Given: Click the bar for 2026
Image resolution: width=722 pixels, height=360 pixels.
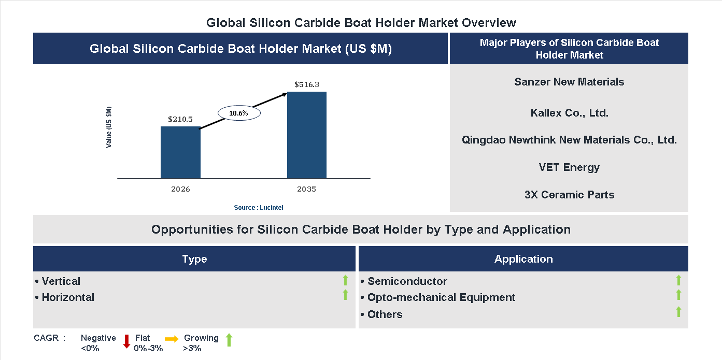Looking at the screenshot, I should coord(180,152).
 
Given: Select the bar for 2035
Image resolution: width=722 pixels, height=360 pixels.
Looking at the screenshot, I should coord(307,135).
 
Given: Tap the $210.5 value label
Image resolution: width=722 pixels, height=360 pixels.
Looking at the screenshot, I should coord(180,119).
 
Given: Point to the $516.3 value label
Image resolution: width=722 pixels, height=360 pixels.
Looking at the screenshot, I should coord(307,84).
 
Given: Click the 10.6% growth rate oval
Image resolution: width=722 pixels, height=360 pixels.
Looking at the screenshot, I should coord(239,113).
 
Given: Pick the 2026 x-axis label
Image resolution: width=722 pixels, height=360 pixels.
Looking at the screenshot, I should coord(180,189).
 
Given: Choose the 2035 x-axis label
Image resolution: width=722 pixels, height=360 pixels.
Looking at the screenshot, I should coord(306,189).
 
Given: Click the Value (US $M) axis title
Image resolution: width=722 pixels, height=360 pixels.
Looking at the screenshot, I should coord(109,127).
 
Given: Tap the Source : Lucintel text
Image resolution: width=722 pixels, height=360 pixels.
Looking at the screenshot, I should coord(259,207).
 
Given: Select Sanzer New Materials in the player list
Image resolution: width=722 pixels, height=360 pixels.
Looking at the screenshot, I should coord(569,82).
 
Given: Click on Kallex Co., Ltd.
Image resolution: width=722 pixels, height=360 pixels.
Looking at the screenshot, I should coord(569,112).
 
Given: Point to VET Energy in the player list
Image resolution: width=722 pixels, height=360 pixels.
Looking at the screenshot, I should coord(569,167).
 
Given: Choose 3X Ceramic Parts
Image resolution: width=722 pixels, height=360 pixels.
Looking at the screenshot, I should coord(569,195).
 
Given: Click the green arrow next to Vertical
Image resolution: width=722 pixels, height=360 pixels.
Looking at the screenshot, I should coord(345,280).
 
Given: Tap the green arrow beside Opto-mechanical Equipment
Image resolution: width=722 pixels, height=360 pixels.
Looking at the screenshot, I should coord(678,295).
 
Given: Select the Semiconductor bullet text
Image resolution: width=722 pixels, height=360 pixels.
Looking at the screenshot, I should coord(407,281).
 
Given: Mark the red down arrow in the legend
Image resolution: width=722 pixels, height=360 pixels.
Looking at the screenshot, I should coord(126,341).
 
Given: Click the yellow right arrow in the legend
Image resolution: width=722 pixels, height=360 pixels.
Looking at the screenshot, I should coord(172,339).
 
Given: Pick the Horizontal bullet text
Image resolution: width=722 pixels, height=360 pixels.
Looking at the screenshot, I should coord(68,297).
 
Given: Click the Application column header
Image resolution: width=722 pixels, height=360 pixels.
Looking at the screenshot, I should coord(523,259).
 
